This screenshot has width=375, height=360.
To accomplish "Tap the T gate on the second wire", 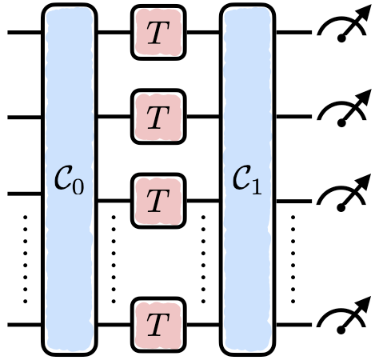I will pyautogui.click(x=158, y=118).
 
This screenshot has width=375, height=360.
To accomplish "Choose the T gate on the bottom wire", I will pyautogui.click(x=158, y=325).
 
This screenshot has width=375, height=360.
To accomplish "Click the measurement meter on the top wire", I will pyautogui.click(x=341, y=32).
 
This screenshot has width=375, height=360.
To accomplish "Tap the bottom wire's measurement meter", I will pyautogui.click(x=341, y=322).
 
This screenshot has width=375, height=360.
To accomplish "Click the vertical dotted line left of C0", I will pyautogui.click(x=26, y=258).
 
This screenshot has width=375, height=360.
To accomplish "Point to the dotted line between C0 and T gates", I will pyautogui.click(x=114, y=258).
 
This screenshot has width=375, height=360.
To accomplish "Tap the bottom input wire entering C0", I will pyautogui.click(x=24, y=325).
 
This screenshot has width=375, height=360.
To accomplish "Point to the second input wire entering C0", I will pyautogui.click(x=24, y=118).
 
